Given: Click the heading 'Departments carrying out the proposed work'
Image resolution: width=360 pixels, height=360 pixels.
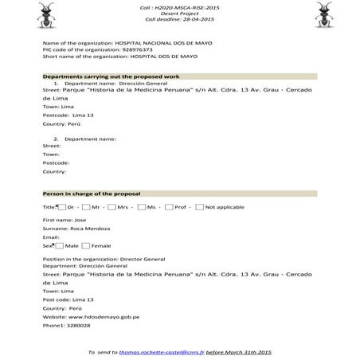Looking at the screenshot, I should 111,76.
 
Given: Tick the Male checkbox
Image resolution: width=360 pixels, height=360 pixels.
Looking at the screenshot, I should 59,245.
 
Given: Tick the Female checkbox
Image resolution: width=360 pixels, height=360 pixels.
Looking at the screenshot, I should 86,245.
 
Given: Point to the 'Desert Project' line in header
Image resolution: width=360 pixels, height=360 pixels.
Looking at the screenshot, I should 179,13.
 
